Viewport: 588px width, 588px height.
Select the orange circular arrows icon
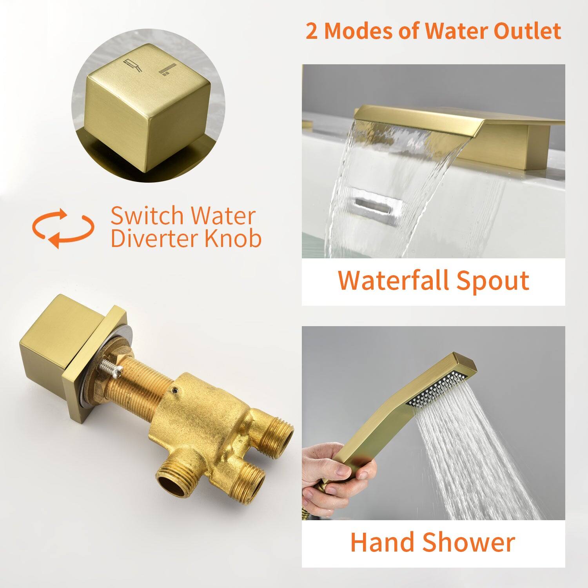click(63, 229)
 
